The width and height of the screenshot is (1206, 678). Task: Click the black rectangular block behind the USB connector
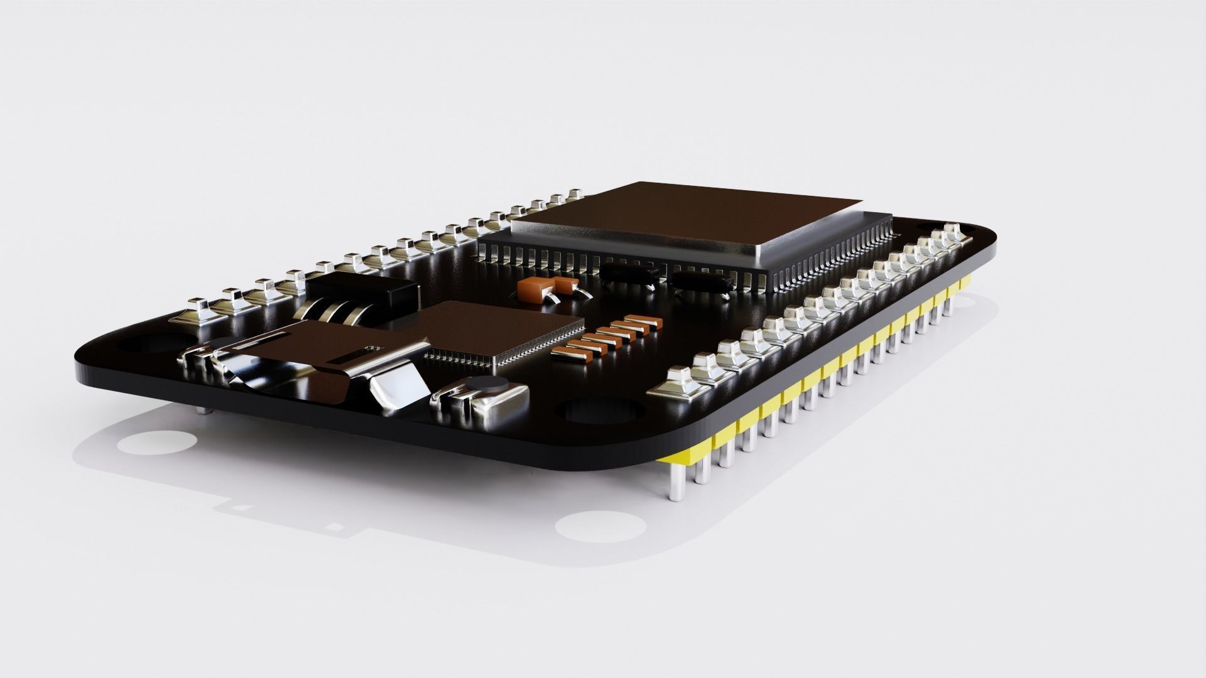(362, 289)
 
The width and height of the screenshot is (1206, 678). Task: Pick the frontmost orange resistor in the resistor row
(568, 354)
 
